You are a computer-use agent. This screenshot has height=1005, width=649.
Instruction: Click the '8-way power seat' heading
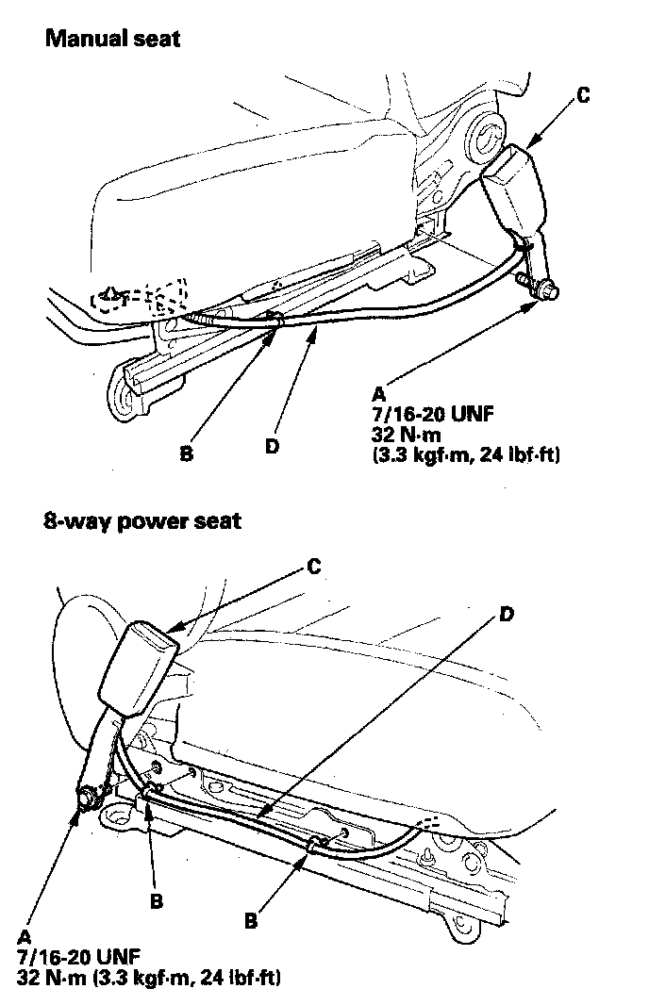(141, 520)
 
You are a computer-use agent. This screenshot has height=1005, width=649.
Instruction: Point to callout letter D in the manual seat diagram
(272, 446)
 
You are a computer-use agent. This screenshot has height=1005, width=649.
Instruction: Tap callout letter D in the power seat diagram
(507, 614)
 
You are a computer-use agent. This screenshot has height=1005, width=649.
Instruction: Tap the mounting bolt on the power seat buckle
(86, 797)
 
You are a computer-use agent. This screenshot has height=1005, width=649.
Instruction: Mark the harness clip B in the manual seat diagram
(274, 321)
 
